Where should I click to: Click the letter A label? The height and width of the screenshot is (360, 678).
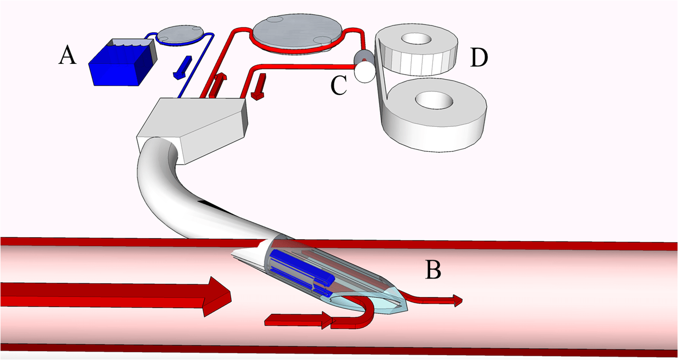tap(68, 55)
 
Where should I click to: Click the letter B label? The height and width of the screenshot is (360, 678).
tap(433, 269)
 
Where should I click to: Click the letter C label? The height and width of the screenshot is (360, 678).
tap(339, 85)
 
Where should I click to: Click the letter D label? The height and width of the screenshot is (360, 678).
tap(479, 57)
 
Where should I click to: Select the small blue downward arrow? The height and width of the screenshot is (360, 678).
tap(180, 66)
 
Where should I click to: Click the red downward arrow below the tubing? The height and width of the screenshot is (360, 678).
tap(258, 86)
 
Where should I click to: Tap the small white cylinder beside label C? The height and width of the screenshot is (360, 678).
tap(365, 70)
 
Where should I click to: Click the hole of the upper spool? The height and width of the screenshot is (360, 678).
tap(415, 39)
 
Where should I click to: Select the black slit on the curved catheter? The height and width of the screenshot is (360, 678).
tap(213, 204)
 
